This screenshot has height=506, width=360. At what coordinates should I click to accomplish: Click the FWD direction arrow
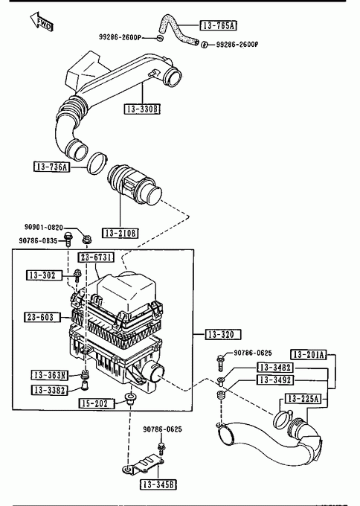[x=42, y=22]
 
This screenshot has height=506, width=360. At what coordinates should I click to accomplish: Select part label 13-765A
[x=219, y=25]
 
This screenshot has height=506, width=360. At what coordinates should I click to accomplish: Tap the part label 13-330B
[x=142, y=109]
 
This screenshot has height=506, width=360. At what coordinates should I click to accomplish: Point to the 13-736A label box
[x=51, y=167]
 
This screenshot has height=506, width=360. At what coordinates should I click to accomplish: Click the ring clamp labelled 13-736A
[x=97, y=164]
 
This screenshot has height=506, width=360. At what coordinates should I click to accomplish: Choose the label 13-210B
[x=120, y=233]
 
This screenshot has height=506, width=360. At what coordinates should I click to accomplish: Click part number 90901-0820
[x=44, y=227]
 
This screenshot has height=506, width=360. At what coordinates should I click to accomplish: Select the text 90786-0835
[x=38, y=240]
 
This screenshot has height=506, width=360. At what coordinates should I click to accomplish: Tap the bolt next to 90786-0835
[x=68, y=239]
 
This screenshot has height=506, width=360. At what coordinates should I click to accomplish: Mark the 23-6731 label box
[x=96, y=257]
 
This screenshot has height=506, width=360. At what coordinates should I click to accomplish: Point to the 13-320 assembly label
[x=223, y=334]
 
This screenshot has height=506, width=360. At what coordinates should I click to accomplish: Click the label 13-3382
[x=50, y=390]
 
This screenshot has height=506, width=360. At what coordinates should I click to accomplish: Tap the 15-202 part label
[x=97, y=403]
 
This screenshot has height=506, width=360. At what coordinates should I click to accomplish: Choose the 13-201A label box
[x=309, y=355]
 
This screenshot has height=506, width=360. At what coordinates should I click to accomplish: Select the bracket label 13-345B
[x=158, y=484]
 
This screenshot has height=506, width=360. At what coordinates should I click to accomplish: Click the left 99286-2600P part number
[x=120, y=37]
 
